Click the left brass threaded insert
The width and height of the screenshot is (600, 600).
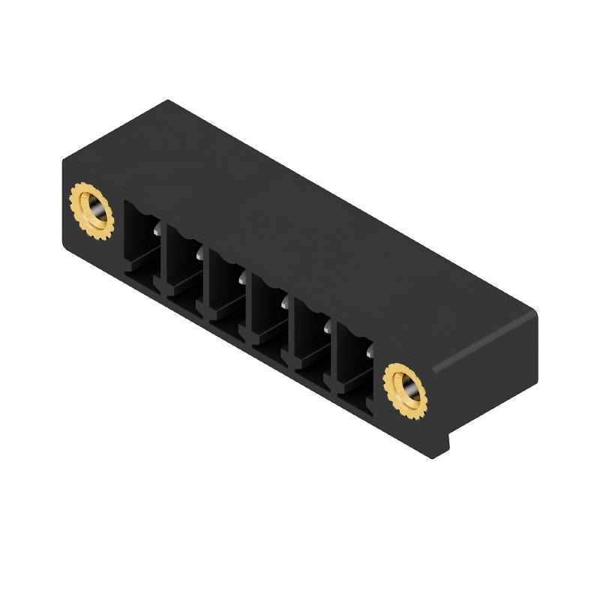click(x=91, y=212)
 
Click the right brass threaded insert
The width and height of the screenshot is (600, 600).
click(x=405, y=388)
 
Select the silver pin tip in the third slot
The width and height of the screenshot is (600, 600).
click(x=242, y=278)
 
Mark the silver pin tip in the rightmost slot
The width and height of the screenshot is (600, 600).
click(x=370, y=349)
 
